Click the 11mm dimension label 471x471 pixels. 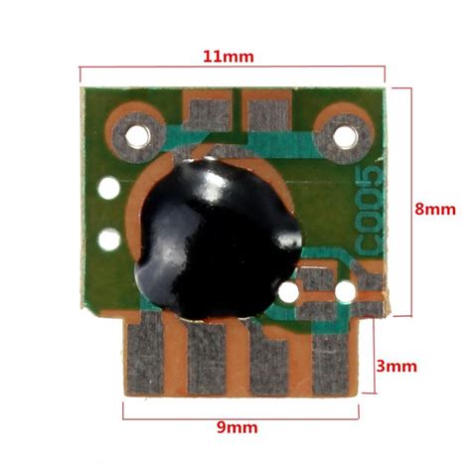click(229, 57)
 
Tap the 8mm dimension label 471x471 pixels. click(435, 210)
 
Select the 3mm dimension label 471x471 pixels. click(396, 367)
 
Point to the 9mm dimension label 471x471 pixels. click(237, 427)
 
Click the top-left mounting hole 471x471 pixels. click(137, 136)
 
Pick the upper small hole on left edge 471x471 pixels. click(109, 188)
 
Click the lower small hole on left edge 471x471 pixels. click(109, 239)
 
